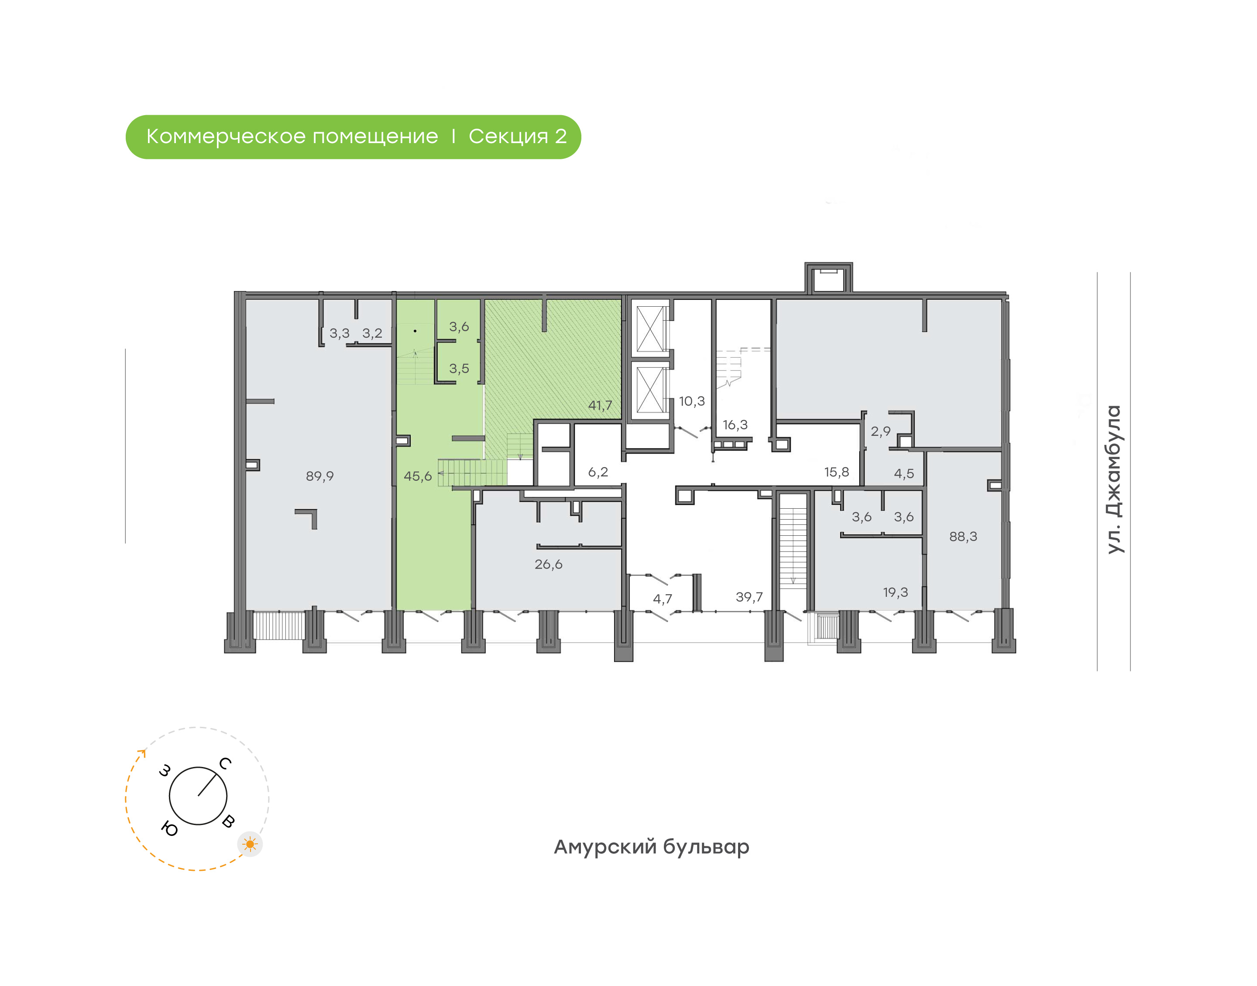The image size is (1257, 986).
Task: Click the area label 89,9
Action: pos(319,476)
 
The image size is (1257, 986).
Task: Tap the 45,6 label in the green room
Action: pos(417,476)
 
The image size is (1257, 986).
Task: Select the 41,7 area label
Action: pos(600,405)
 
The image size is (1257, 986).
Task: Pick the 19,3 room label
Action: pos(895,592)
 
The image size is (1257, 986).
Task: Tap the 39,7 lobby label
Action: pos(749,597)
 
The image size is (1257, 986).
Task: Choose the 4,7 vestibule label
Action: pos(662,599)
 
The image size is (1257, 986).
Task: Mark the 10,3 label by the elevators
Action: pos(692,401)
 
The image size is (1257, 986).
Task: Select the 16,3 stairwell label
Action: pos(735,425)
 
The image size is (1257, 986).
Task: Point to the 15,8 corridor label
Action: pos(836,472)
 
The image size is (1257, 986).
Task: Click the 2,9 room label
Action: pos(880,431)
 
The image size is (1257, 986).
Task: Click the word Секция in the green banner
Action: pos(508,137)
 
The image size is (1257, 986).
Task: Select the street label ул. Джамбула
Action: pos(1114,480)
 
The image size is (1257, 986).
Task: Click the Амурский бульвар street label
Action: pos(651,847)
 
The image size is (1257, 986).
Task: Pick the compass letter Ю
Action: pos(169,829)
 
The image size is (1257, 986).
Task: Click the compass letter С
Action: pos(225,764)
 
